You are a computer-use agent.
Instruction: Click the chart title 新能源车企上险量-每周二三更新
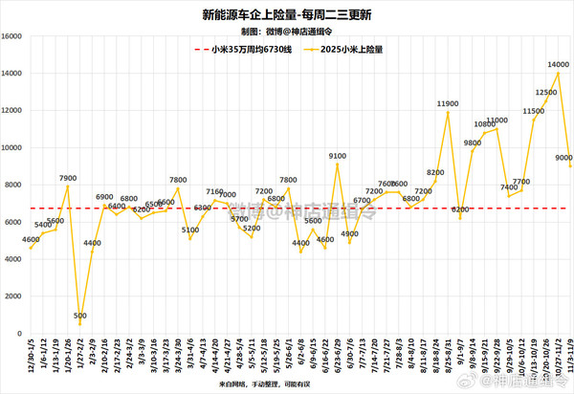[x=286, y=14]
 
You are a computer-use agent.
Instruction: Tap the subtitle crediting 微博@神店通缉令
[x=286, y=31]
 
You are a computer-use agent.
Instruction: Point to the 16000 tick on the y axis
[x=13, y=36]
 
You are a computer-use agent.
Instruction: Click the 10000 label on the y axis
[x=13, y=147]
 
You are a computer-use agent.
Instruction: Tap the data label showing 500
[x=80, y=315]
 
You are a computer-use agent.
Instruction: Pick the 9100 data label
[x=337, y=155]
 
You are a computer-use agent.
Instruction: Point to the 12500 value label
[x=546, y=92]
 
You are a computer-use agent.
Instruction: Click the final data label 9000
[x=563, y=157]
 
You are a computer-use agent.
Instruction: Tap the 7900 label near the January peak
[x=68, y=177]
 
